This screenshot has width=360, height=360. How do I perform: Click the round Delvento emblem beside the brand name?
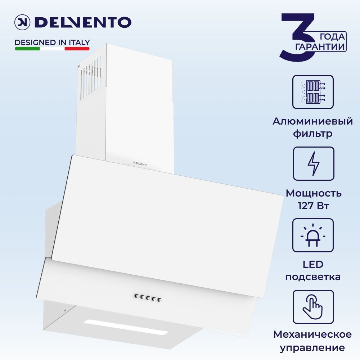22,22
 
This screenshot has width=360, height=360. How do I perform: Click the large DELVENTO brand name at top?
83,22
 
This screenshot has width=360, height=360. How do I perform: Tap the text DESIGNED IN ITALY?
52,42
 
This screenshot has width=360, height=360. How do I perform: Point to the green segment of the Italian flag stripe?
27,49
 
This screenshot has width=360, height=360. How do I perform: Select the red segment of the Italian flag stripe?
77,49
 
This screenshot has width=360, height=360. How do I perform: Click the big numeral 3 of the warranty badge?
298,37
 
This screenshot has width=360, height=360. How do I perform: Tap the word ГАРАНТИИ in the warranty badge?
320,46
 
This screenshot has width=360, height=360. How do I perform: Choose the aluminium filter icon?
313,92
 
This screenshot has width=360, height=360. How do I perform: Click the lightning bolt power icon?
314,164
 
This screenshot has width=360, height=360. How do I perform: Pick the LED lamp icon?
313,235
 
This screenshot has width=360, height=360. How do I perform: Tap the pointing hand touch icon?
313,307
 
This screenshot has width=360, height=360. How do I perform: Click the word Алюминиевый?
313,121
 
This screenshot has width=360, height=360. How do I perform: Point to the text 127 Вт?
314,206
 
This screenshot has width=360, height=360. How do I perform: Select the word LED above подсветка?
313,265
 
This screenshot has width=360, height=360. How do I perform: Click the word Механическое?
312,334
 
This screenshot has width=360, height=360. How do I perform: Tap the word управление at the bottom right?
312,348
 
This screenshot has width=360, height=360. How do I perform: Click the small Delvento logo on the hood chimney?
140,164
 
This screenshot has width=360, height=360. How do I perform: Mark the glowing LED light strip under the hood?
126,327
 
